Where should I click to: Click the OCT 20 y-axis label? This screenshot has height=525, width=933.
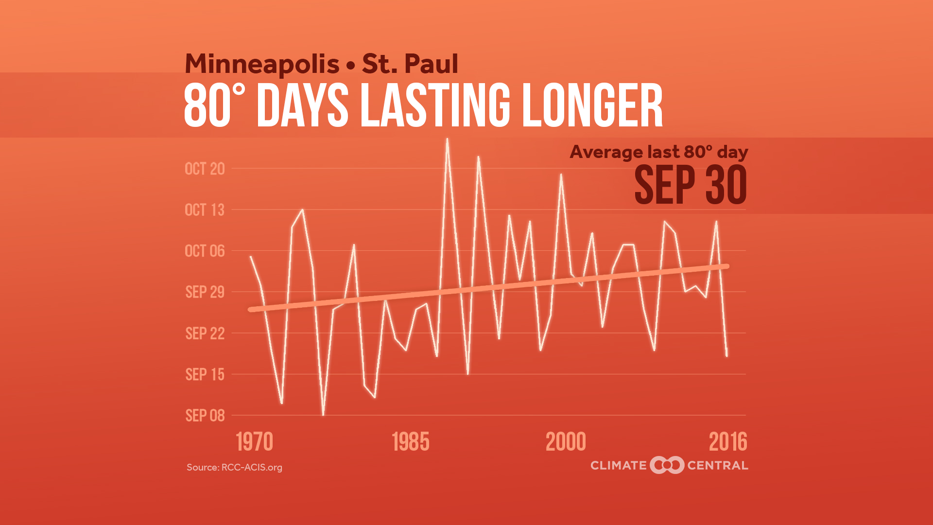pos(205,169)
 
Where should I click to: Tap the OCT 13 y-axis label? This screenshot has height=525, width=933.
pos(205,210)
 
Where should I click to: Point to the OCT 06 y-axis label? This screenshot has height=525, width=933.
pos(205,251)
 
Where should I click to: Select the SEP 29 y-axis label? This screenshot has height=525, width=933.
pos(205,292)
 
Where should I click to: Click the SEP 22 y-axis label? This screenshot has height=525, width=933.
pos(205,333)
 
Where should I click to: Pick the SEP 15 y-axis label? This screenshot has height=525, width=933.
pos(205,375)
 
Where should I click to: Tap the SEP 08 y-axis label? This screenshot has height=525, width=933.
pos(205,416)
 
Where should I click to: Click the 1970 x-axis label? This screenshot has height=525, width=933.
pos(255,442)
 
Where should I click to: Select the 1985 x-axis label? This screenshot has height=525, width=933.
pos(411,442)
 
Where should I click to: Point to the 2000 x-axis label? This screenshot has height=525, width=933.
pos(566,442)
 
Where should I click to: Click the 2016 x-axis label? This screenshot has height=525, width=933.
pos(728,442)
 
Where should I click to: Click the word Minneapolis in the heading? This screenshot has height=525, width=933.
pos(262,64)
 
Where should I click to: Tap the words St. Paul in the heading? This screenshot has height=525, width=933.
pos(410,64)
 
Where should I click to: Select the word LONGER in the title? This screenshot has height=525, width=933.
pos(592,105)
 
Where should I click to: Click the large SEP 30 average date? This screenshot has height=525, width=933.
pos(690,185)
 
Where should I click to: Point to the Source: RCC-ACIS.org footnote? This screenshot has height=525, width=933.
pos(234,468)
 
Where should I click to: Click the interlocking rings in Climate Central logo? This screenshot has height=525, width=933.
pos(667,465)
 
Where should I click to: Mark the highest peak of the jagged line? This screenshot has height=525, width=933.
pos(447,139)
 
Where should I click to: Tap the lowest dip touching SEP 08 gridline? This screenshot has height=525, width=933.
pos(323,415)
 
